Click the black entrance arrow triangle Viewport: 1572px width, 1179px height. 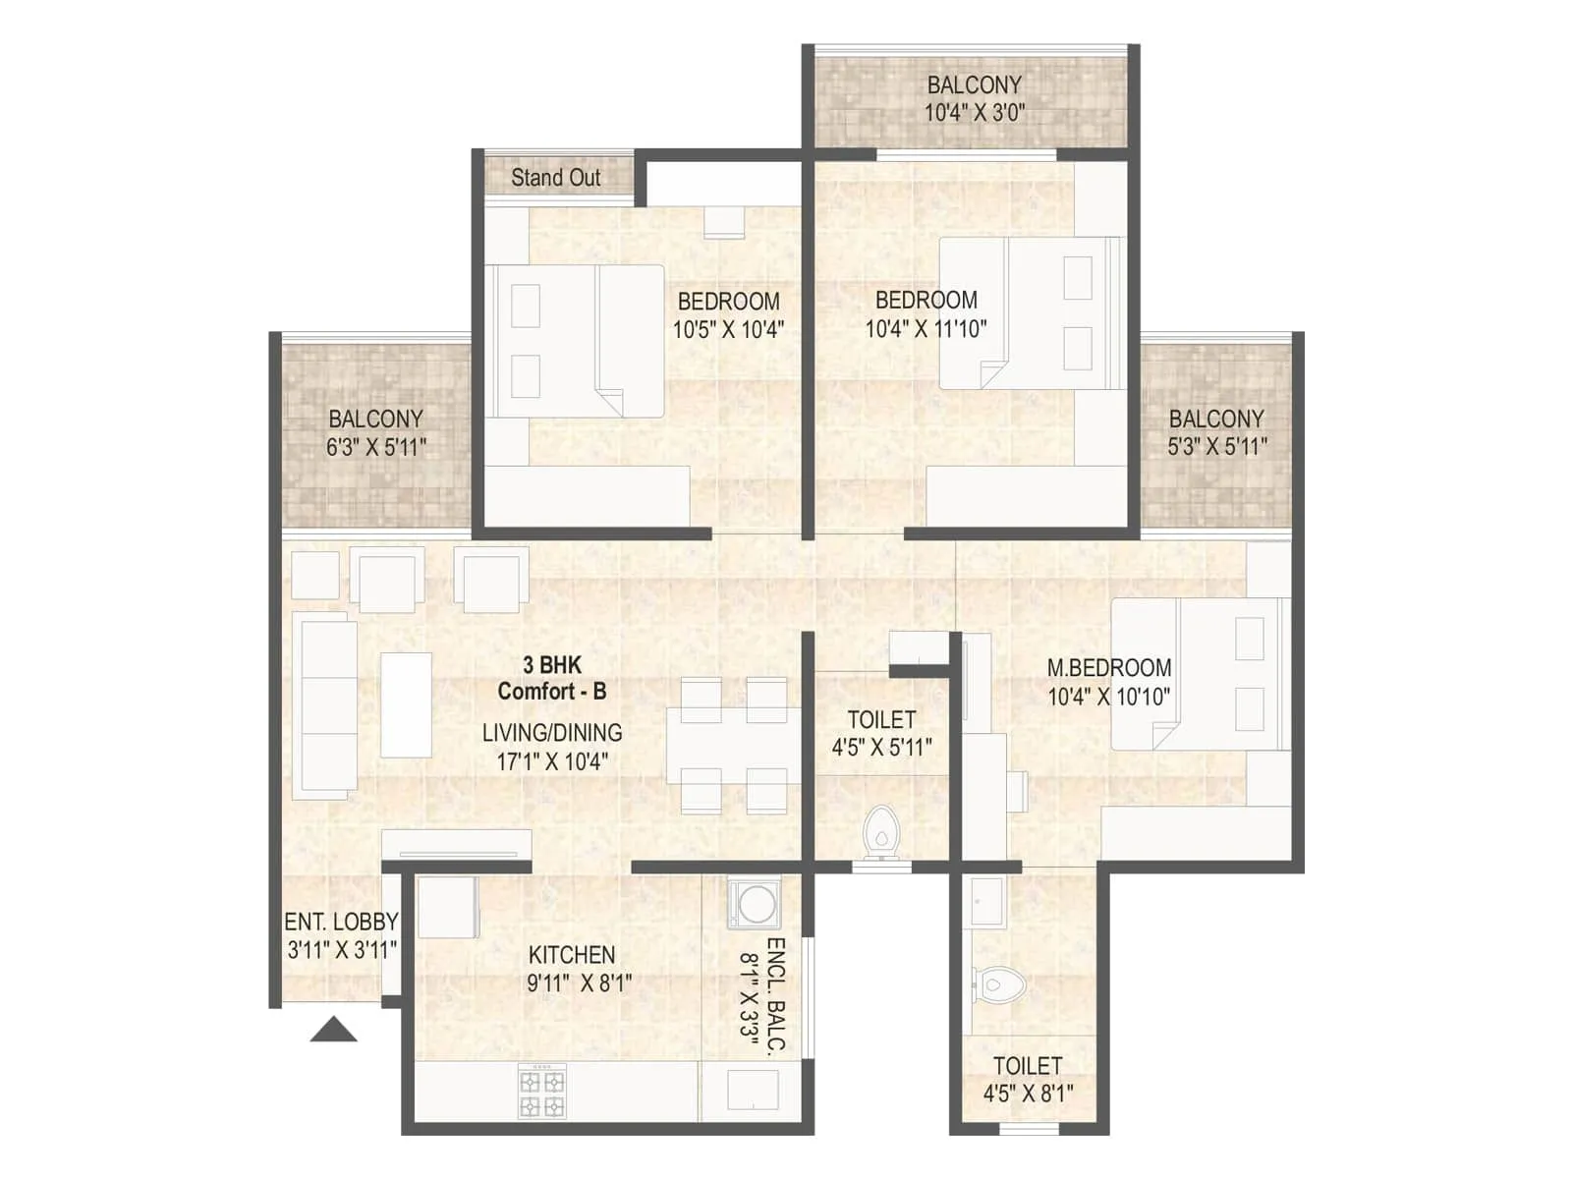[x=334, y=1030]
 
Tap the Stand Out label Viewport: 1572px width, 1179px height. [x=556, y=178]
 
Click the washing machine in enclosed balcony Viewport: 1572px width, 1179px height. [x=755, y=904]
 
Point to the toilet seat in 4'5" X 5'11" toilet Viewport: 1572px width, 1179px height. [x=881, y=832]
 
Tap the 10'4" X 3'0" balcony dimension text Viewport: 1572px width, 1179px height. [x=974, y=112]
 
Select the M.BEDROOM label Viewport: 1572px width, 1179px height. [x=1109, y=668]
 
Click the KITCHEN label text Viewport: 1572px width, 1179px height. [x=572, y=955]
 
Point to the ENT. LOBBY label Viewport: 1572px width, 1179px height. [x=341, y=923]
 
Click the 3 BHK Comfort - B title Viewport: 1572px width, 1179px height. [x=551, y=678]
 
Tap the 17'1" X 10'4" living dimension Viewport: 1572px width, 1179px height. [x=552, y=760]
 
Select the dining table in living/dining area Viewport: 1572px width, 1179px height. [x=734, y=745]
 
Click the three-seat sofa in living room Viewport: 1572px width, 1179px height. [x=325, y=704]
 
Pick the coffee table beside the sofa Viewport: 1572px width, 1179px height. [x=406, y=704]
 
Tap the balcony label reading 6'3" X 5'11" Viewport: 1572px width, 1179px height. [x=376, y=447]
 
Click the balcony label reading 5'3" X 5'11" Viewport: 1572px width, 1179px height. [x=1216, y=447]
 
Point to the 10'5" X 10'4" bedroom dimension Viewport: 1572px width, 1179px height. [x=728, y=329]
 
